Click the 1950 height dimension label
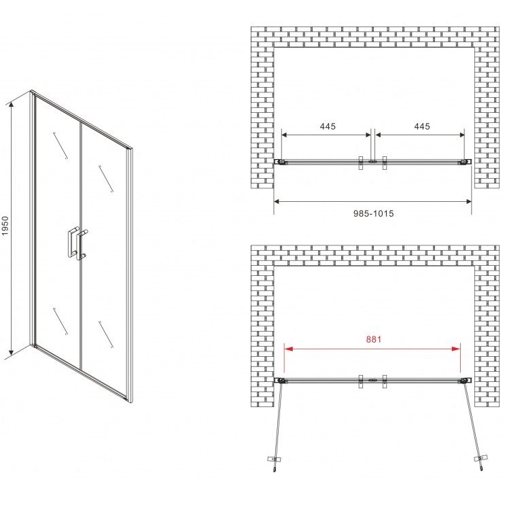coord(5,225)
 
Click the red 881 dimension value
coord(374,339)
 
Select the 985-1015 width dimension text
coord(374,213)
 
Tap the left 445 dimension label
coord(328,126)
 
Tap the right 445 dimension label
coord(422,126)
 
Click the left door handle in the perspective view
coord(72,242)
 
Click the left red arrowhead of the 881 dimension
coord(289,349)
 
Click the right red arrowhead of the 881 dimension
coord(456,349)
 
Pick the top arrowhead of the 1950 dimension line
coord(12,105)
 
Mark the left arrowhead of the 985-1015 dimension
coord(277,202)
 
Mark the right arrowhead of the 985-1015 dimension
coord(468,202)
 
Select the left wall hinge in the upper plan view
coord(281,162)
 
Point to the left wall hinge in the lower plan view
coord(281,381)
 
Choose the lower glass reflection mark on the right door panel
coord(106,334)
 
